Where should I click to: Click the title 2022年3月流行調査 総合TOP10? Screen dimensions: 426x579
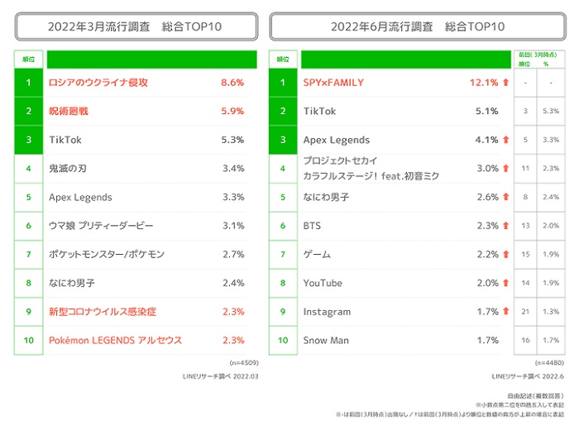coord(135,26)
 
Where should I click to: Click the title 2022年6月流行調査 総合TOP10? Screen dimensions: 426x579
coord(417,26)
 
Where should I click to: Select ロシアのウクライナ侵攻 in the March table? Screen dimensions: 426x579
coord(98,83)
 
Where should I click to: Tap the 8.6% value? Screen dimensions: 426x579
coord(232,83)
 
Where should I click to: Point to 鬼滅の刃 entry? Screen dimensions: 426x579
coord(68,169)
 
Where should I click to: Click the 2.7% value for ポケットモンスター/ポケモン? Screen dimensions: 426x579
coord(232,254)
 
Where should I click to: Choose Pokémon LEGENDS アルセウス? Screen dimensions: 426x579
coord(115,340)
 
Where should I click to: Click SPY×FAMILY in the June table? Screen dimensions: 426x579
coord(333,83)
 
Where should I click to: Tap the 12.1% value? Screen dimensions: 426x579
coord(484,83)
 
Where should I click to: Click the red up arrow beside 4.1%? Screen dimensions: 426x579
coord(505,140)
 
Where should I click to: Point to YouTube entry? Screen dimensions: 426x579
coord(323,283)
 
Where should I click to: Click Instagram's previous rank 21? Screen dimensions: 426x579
coord(524,312)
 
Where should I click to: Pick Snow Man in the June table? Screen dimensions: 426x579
coord(326,340)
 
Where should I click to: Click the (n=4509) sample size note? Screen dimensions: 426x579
coord(242,362)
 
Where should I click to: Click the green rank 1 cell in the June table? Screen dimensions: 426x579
coord(282,83)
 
